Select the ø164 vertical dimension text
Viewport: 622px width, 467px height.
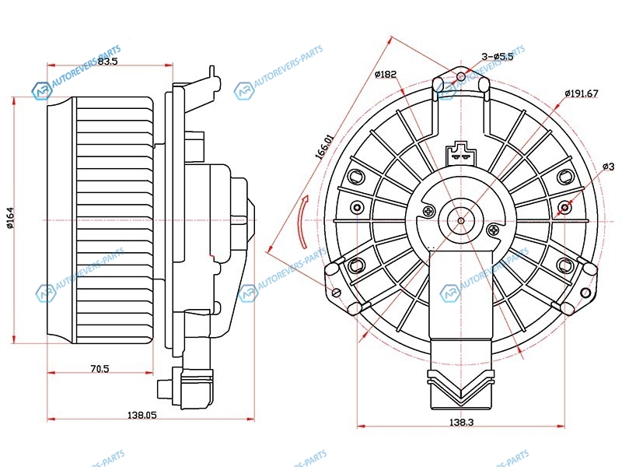pyautogui.click(x=11, y=219)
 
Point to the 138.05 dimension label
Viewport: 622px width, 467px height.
pyautogui.click(x=142, y=416)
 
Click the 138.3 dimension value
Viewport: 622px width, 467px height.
pyautogui.click(x=461, y=421)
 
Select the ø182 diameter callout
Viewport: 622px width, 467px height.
pyautogui.click(x=385, y=75)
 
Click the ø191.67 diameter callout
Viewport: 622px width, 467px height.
pyautogui.click(x=581, y=93)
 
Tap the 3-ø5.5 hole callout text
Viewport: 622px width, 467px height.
pyautogui.click(x=498, y=56)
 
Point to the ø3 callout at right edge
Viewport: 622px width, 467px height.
pyautogui.click(x=608, y=167)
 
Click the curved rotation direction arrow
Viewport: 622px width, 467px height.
pyautogui.click(x=304, y=221)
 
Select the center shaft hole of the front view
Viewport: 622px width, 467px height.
pyautogui.click(x=461, y=220)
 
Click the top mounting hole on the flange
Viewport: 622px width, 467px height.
pyautogui.click(x=461, y=76)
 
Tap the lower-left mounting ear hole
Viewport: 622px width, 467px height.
pyautogui.click(x=337, y=293)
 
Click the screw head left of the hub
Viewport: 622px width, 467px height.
pyautogui.click(x=428, y=211)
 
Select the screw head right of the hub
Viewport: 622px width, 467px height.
pyautogui.click(x=495, y=230)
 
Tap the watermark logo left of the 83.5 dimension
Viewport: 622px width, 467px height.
pyautogui.click(x=40, y=91)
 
